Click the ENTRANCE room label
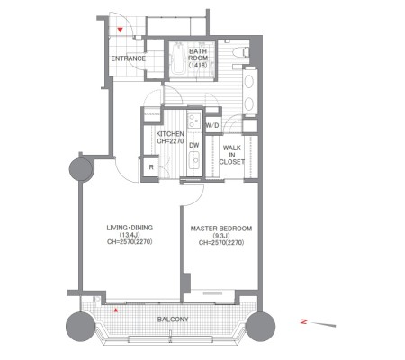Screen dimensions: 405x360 [x=128, y=58]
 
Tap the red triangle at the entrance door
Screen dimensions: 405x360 [x=121, y=30]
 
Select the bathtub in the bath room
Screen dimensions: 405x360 [x=178, y=58]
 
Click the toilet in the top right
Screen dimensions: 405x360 [x=241, y=52]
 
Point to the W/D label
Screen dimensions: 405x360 [x=212, y=125]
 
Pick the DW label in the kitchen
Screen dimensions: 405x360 [x=194, y=145]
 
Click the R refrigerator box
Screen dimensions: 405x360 [x=151, y=167]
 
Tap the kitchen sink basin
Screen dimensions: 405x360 [x=194, y=159]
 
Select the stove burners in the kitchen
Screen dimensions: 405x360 [x=194, y=121]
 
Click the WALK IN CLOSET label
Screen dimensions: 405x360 [x=232, y=155]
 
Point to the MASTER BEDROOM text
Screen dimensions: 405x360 [x=221, y=229]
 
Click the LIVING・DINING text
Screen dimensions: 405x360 [x=130, y=228]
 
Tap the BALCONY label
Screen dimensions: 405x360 [x=173, y=319]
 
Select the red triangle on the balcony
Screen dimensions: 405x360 [x=116, y=310]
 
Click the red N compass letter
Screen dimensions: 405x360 [x=304, y=321]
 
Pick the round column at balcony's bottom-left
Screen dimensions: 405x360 [x=80, y=327]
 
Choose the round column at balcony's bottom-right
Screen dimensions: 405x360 [x=260, y=327]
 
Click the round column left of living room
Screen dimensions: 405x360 [x=81, y=169]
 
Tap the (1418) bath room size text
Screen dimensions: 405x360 [x=198, y=65]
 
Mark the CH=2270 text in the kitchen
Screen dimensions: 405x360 [x=170, y=141]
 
